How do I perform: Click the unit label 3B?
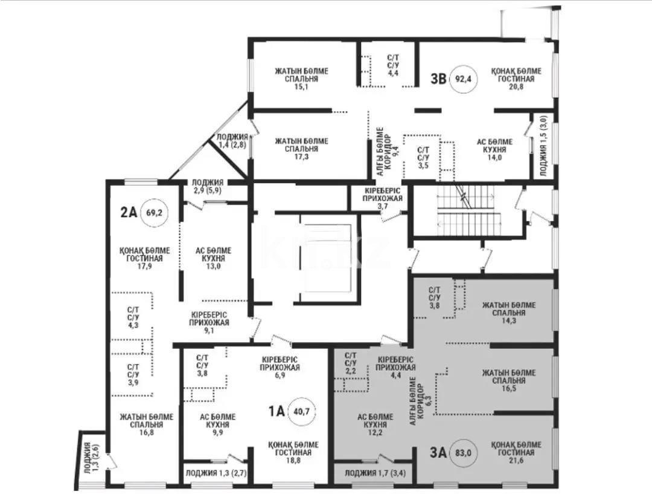(438, 79)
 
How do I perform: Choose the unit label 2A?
(129, 212)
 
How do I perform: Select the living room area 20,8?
(516, 79)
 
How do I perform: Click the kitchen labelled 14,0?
(491, 149)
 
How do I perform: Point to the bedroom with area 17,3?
(301, 149)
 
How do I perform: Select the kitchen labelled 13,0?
(213, 258)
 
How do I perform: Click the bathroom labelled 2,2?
(351, 363)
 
